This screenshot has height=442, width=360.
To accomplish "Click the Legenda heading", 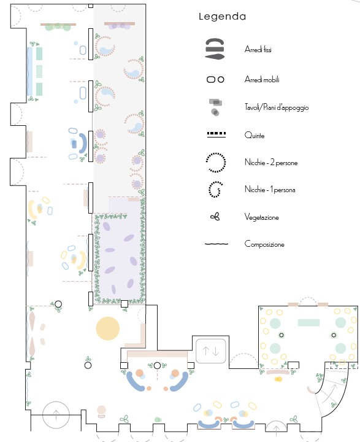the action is click(222, 17).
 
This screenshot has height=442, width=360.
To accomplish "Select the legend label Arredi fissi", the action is click(258, 49).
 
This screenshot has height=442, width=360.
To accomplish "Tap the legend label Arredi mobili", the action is click(262, 79).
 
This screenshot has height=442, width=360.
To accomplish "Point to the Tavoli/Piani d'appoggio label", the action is click(277, 107).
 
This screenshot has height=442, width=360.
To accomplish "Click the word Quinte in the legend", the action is click(255, 135).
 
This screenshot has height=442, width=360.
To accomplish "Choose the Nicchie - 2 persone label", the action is click(271, 163).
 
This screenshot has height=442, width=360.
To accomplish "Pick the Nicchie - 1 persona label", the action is click(270, 190).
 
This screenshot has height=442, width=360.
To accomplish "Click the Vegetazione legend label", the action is click(262, 217).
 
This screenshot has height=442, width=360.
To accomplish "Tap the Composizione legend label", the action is click(264, 244).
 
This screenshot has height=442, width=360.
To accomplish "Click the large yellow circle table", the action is click(107, 328).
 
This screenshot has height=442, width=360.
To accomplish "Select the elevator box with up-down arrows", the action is click(211, 351).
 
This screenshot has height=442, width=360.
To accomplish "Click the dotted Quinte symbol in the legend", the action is click(216, 134).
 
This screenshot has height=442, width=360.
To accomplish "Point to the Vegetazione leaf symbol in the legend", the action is click(215, 217).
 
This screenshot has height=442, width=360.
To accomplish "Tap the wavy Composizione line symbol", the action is click(216, 244).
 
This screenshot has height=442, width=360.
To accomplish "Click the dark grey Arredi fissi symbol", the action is click(215, 48).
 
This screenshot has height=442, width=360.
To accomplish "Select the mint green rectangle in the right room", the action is click(308, 322).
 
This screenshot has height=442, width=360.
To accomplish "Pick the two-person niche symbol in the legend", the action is click(216, 162).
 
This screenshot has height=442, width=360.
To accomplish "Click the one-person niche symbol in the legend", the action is click(215, 190).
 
